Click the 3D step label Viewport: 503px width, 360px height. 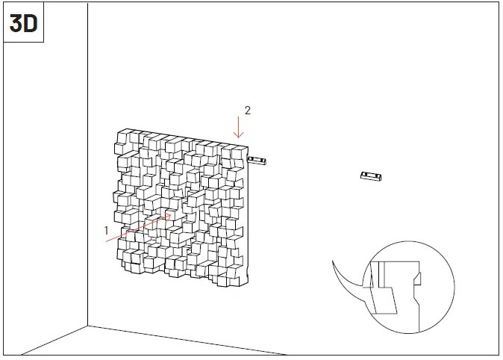click(23, 23)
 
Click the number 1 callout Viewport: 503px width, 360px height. click(107, 231)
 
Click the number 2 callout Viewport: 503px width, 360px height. click(247, 111)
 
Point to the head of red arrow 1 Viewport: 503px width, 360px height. click(171, 216)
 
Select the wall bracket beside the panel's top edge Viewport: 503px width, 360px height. click(257, 160)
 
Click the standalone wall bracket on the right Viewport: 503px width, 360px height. click(370, 176)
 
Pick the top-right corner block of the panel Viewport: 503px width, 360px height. click(237, 152)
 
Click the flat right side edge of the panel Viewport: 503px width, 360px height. click(250, 224)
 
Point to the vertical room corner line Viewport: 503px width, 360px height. click(88, 187)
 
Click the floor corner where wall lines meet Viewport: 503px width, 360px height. click(88, 326)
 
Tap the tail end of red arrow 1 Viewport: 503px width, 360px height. click(107, 242)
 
